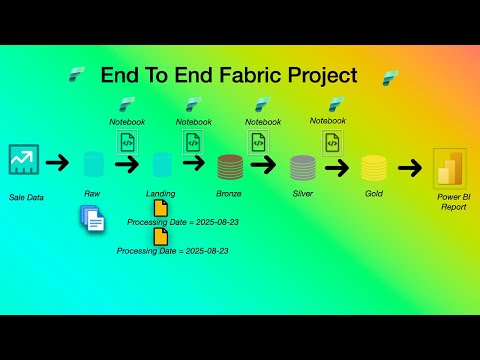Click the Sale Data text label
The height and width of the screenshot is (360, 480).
click(26, 197)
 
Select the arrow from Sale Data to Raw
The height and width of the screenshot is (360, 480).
click(58, 162)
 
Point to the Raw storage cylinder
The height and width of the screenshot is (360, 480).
click(94, 165)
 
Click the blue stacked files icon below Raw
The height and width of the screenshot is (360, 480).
click(93, 218)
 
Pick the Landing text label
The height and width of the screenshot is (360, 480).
click(160, 193)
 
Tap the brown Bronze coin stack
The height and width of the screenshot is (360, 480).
click(229, 166)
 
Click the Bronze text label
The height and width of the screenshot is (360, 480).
click(229, 192)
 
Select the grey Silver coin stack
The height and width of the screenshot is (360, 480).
click(302, 166)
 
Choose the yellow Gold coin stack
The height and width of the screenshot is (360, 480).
click(373, 166)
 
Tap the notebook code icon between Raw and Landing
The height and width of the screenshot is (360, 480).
click(127, 142)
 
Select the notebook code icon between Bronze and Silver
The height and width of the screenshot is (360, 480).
click(258, 142)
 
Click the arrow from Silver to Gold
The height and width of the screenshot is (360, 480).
click(337, 166)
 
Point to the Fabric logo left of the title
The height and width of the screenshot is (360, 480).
click(78, 74)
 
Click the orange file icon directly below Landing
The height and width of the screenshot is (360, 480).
click(160, 209)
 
